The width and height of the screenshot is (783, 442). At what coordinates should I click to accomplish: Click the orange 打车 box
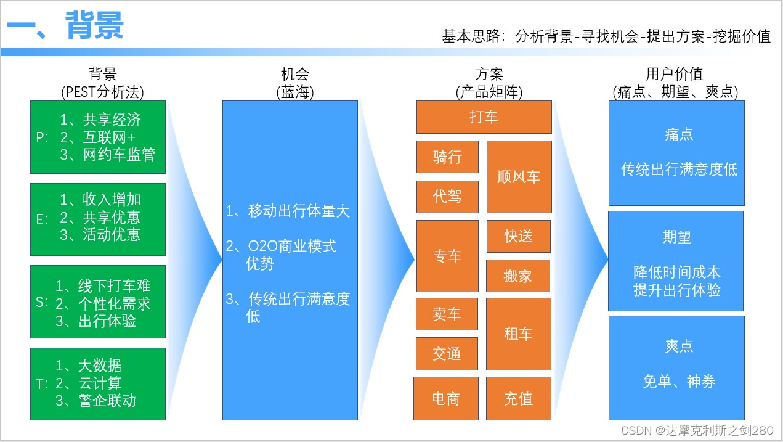click(484, 117)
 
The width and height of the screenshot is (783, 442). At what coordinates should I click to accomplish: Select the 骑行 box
click(447, 157)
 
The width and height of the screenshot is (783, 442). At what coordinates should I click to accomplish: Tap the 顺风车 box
click(519, 177)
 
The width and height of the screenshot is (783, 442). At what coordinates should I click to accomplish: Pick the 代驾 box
click(447, 197)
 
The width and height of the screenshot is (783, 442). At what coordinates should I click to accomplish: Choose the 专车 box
click(447, 256)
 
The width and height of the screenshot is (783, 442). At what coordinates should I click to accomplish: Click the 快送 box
click(519, 236)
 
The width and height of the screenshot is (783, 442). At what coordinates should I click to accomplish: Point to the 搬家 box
click(518, 276)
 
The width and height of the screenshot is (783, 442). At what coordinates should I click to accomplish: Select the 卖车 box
click(447, 314)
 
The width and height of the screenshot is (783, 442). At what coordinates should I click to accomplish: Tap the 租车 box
click(519, 334)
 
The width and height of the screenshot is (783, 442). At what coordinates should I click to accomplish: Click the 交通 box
click(447, 354)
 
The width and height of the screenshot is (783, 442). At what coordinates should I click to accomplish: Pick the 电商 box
click(445, 399)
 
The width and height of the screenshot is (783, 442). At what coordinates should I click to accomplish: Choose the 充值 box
click(519, 399)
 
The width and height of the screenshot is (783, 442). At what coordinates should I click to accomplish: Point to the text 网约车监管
click(119, 155)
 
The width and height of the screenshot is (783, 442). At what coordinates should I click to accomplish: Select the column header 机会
click(295, 75)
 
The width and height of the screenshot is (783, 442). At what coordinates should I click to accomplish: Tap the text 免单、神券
click(679, 382)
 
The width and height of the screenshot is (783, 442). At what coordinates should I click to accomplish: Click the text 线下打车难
click(114, 286)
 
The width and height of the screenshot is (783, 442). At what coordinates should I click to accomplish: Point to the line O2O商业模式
click(291, 247)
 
